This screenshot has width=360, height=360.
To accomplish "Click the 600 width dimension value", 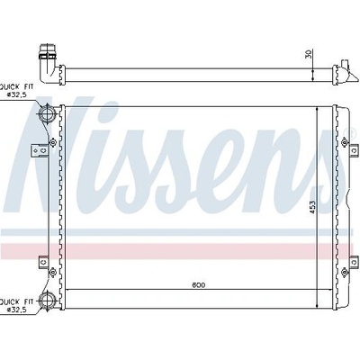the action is (199, 284).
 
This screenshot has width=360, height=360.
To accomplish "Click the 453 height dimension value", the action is (312, 207).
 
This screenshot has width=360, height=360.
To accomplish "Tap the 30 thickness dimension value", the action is (309, 54).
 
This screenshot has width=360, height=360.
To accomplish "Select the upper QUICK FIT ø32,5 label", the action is (17, 90).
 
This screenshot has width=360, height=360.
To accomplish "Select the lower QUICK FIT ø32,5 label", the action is (17, 305).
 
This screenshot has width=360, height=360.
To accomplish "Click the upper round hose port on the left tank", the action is (47, 113).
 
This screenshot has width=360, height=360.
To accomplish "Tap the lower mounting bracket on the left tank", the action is (44, 262).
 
